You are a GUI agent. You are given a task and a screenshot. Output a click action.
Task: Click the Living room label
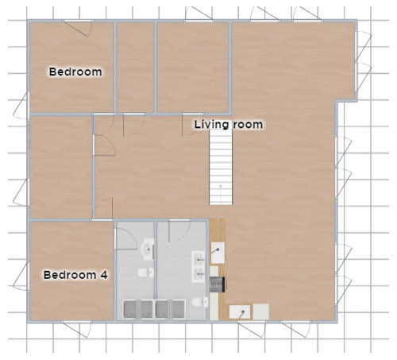tap(229, 125)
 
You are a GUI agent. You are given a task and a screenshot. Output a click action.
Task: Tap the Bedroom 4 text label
tap(75, 275)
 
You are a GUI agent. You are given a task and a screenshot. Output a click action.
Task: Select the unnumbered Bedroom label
tap(75, 72)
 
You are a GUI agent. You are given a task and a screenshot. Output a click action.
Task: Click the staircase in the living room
tap(222, 168)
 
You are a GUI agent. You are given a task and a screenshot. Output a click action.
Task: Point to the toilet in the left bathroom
tap(144, 273)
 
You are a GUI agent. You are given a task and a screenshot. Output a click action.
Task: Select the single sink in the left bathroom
tap(147, 250)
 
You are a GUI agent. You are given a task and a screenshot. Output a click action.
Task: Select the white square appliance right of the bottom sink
tap(260, 311)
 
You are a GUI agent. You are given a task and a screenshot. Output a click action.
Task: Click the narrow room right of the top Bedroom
tap(135, 68)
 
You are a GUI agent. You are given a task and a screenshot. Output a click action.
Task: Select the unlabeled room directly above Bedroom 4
tap(61, 167)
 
